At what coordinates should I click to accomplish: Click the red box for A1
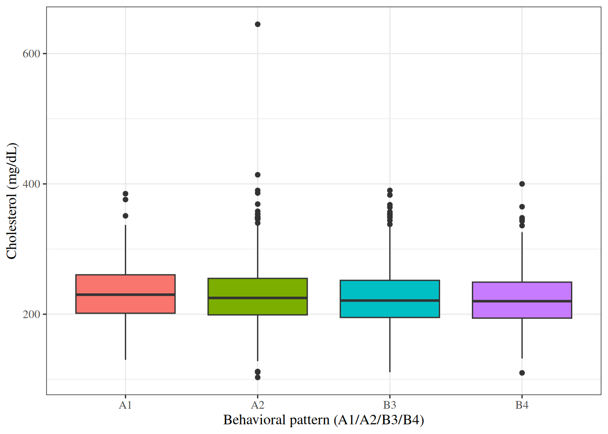tap(125, 285)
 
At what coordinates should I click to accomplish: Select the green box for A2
tap(257, 288)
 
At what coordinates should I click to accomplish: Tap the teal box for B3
tap(389, 290)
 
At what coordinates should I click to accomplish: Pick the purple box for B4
tap(522, 292)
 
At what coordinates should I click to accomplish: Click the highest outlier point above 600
tap(257, 24)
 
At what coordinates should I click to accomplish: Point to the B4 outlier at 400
tap(522, 184)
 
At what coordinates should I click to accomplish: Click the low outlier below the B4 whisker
tap(522, 373)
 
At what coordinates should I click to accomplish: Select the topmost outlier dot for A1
tap(125, 194)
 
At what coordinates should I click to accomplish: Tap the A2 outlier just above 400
tap(257, 175)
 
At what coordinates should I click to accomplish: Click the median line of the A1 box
tap(125, 295)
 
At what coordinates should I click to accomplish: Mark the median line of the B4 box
tap(522, 301)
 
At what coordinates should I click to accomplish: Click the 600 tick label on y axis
tap(31, 54)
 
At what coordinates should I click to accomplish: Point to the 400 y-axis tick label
tap(31, 184)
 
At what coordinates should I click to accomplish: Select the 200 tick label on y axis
tap(31, 315)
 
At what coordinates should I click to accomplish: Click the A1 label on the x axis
tap(125, 406)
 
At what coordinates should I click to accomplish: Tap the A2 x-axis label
tap(257, 406)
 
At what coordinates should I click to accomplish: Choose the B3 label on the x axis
tap(389, 406)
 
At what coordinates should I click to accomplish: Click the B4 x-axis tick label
tap(522, 406)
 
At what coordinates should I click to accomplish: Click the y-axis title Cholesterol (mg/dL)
tap(12, 201)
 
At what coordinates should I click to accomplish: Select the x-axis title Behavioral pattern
tap(323, 420)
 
